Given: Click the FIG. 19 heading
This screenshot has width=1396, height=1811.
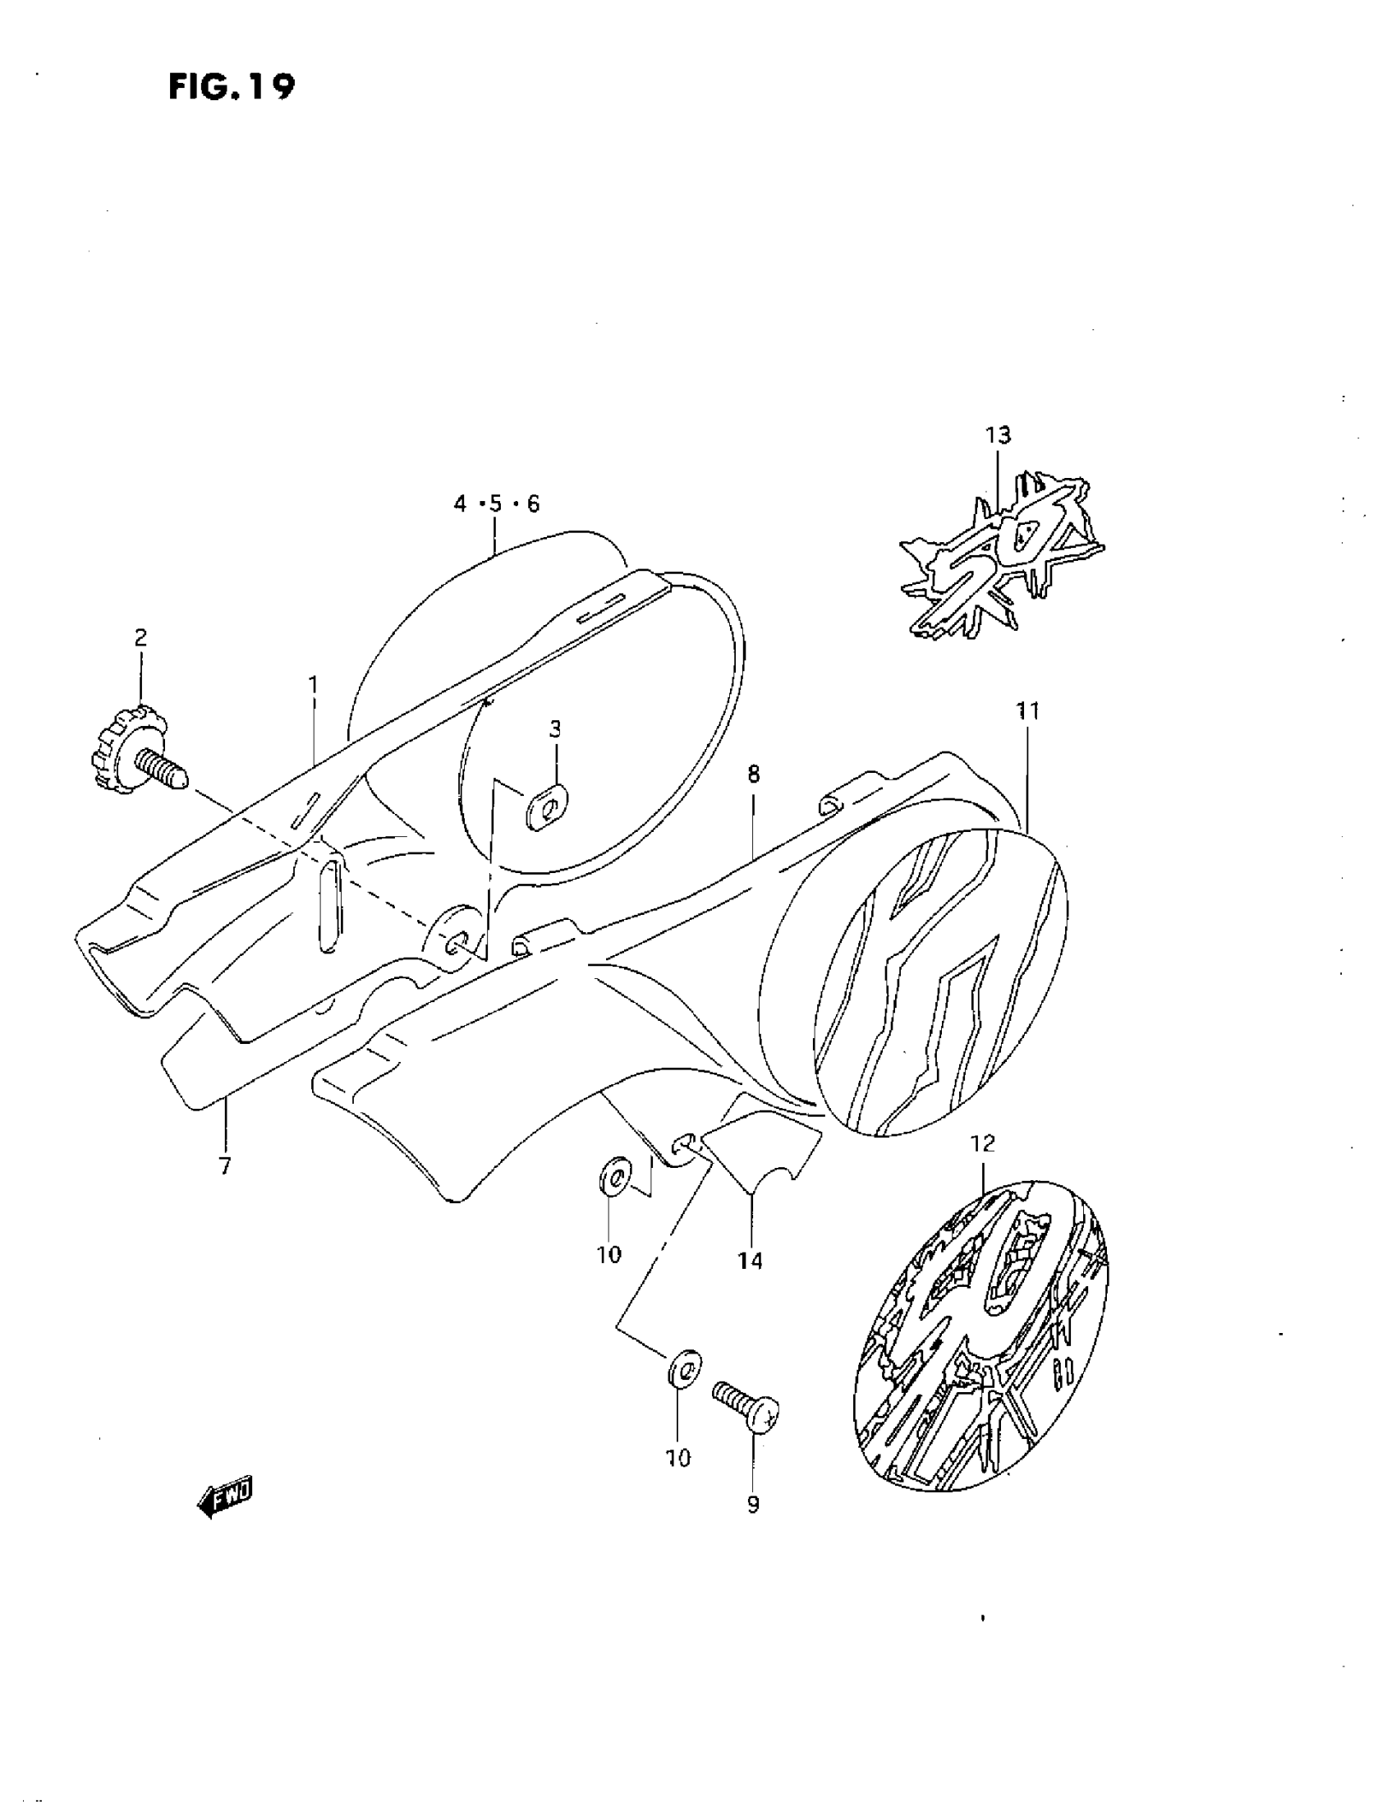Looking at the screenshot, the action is coord(232,86).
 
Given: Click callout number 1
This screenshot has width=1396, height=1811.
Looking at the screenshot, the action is coord(314,685).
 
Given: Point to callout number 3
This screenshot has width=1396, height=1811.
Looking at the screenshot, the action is coord(554,729).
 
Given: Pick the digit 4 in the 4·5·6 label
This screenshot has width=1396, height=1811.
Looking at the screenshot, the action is coord(461,504).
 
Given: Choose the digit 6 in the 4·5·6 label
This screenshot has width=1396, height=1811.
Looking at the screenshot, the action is coord(532,504).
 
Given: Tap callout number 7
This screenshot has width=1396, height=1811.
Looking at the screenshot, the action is coord(225,1166).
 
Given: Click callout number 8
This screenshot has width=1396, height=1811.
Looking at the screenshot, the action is coord(753,775).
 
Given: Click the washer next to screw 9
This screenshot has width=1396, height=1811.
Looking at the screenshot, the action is coord(683,1368).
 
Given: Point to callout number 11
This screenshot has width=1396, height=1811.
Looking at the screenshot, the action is coord(1028,710).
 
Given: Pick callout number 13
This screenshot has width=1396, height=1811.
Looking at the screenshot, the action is coord(998,434).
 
